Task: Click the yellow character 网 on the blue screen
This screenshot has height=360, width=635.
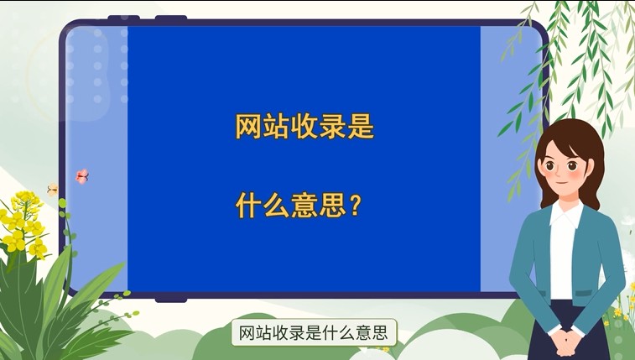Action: point(248,127)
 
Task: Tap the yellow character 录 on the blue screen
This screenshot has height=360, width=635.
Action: point(332,127)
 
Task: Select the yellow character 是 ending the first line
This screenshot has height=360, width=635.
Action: point(361,127)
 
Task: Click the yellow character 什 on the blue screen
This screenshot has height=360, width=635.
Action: point(248,206)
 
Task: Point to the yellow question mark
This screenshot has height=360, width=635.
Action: point(355,205)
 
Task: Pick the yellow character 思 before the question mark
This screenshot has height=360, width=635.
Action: point(332,206)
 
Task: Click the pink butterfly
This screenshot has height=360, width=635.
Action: point(82,176)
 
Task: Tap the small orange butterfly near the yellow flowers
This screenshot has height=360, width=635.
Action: point(53,189)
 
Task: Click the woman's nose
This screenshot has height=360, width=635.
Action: point(559,174)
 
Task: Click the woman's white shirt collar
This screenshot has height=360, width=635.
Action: point(565,214)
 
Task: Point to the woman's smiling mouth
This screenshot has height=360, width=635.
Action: point(561,182)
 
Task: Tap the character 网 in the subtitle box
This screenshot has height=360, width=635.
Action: point(247,333)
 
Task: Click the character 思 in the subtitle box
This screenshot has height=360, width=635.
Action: point(380,333)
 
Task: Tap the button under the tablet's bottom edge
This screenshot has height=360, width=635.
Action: point(171,300)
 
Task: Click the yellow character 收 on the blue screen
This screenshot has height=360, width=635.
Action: point(304,127)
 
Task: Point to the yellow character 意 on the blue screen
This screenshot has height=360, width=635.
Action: point(304,206)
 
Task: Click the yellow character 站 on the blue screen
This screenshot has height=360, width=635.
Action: point(276,127)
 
